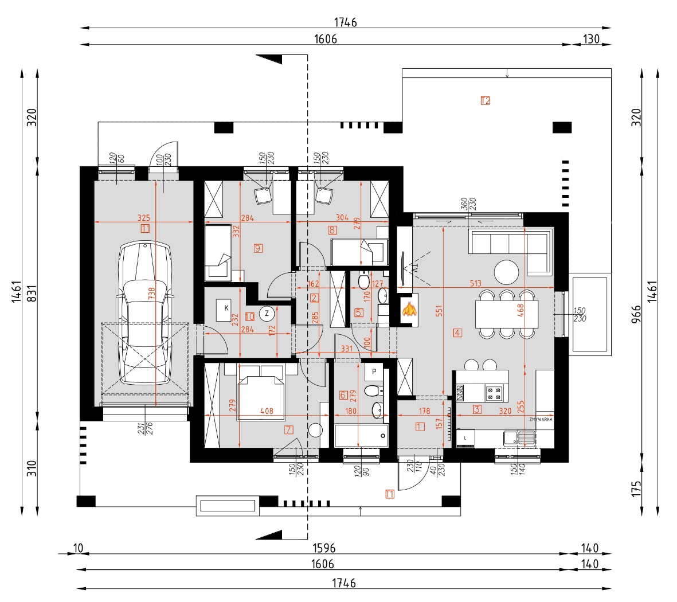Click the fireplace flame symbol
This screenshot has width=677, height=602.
(409, 310)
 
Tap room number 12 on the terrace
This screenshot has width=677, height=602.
(486, 101)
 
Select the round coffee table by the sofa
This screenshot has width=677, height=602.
(507, 272)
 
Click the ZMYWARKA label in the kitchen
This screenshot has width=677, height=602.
(541, 420)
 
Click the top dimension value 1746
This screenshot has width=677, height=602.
(345, 22)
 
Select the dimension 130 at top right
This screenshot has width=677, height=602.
(591, 39)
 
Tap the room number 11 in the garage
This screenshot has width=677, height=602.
(144, 228)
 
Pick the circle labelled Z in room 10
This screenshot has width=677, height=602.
(267, 314)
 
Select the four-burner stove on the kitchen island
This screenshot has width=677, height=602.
(494, 393)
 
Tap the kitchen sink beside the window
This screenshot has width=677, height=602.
(519, 438)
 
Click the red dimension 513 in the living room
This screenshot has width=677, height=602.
(475, 283)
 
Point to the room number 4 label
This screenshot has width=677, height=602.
(457, 333)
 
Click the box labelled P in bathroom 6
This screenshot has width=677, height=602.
(374, 372)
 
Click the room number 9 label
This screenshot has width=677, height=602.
(259, 248)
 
